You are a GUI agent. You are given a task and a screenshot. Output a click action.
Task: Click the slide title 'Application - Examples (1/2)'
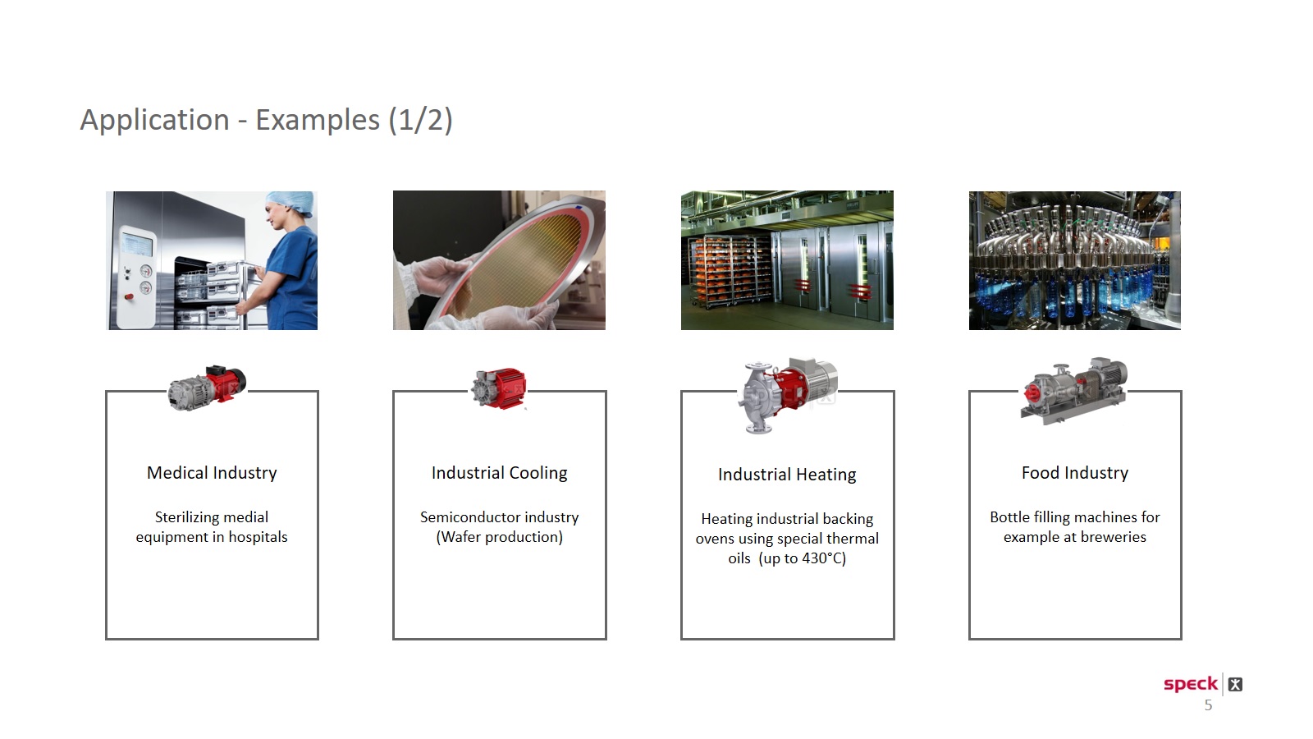(266, 120)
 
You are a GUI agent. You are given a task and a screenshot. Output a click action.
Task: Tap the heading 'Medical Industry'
(212, 473)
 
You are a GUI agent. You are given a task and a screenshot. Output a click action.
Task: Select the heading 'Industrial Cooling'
(500, 473)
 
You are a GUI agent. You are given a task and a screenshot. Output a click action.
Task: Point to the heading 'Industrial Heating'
(787, 474)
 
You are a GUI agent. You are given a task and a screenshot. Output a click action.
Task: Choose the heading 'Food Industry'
(1075, 473)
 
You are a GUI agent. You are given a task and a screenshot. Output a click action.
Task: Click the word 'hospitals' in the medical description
(258, 537)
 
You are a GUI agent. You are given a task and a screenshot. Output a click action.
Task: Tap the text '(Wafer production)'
(500, 537)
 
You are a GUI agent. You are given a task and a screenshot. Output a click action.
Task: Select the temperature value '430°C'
(821, 558)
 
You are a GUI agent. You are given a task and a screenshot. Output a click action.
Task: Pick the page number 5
(1208, 705)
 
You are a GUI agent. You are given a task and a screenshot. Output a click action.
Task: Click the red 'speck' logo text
(1191, 685)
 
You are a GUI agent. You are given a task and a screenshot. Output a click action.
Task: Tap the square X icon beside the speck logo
(1235, 685)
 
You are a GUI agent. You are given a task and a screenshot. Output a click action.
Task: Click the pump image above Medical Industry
(206, 388)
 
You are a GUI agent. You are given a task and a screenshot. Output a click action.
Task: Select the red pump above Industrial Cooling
(499, 388)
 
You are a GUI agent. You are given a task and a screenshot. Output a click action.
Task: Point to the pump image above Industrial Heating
(787, 395)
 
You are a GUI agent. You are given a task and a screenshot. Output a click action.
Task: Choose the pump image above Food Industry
(1074, 391)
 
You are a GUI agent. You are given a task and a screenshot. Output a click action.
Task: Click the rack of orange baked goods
(730, 271)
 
